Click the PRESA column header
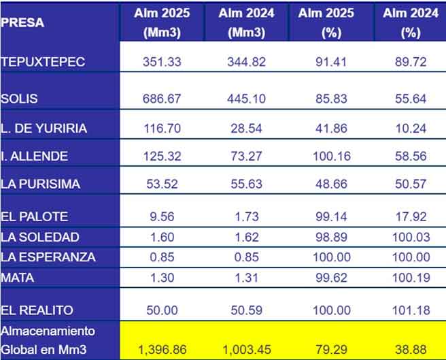(22, 22)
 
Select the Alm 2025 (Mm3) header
(162, 23)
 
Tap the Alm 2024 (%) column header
(410, 23)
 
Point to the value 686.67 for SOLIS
(162, 99)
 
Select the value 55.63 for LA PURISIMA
(246, 184)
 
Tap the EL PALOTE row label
(34, 217)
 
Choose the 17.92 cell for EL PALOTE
(411, 217)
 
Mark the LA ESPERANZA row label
(48, 257)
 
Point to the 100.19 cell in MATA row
(411, 277)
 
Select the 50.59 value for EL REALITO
(246, 310)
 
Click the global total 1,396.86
(162, 350)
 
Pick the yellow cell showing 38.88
(411, 350)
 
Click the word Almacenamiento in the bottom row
(48, 331)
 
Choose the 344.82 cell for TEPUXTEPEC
(246, 61)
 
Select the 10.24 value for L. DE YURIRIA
(411, 128)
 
